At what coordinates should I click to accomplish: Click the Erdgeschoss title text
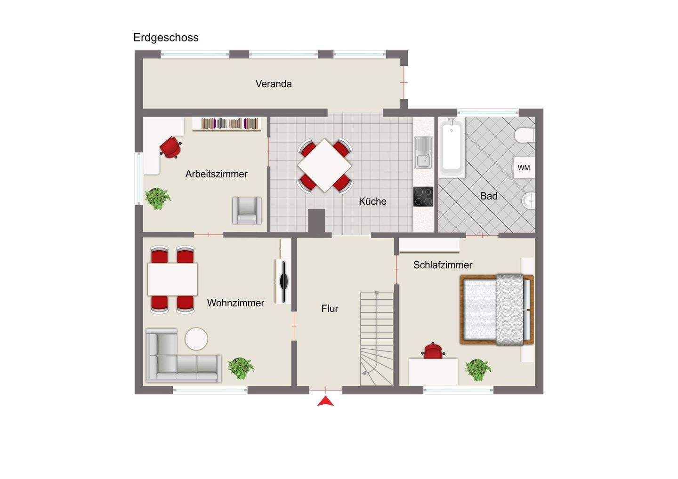(166, 38)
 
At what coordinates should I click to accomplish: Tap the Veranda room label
(274, 84)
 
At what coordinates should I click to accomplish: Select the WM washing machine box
(524, 168)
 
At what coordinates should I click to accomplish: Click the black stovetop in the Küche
(423, 197)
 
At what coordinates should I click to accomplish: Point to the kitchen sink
(423, 152)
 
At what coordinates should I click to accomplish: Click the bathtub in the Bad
(452, 147)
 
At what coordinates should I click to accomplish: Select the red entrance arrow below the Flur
(326, 401)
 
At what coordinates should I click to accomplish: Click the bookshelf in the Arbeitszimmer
(227, 124)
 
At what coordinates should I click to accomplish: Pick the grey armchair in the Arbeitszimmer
(247, 210)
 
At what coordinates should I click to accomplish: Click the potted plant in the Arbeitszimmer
(157, 199)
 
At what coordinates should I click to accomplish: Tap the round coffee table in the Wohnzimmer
(196, 339)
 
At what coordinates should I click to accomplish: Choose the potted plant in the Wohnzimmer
(241, 368)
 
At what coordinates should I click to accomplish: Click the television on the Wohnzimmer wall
(283, 281)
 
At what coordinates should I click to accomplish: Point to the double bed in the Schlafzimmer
(497, 309)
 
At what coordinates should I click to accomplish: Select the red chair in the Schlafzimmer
(433, 351)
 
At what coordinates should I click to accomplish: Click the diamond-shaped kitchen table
(325, 166)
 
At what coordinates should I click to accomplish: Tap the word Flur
(330, 309)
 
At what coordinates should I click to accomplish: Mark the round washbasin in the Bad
(529, 200)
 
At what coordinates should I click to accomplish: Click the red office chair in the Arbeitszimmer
(171, 147)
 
